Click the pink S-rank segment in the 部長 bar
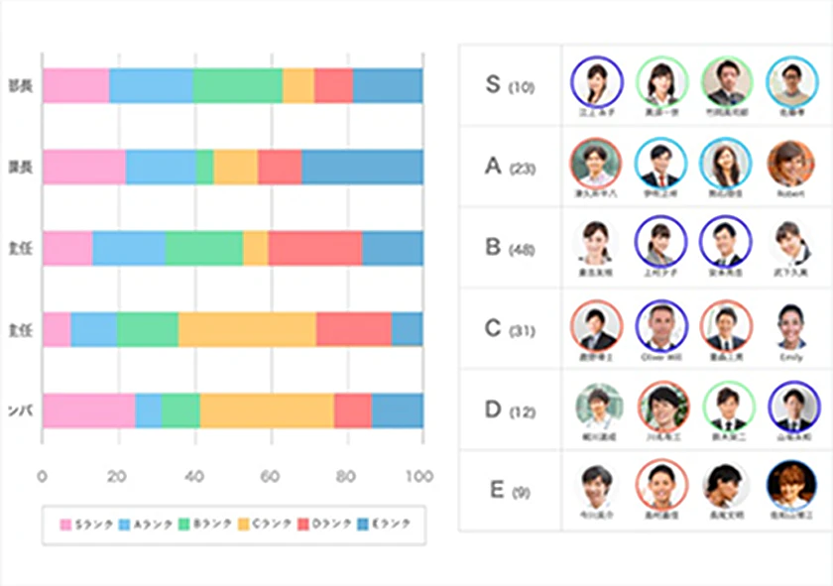point(75,86)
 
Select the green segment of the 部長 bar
point(237,86)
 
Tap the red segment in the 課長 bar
point(279,168)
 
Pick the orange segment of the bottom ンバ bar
point(267,410)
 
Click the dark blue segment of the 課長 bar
point(362,168)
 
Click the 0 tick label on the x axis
point(43,477)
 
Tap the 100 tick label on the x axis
point(419,477)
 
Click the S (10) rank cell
point(510,85)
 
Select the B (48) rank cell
point(510,247)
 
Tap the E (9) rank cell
point(510,491)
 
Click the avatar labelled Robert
point(790,163)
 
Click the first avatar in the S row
point(596,81)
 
